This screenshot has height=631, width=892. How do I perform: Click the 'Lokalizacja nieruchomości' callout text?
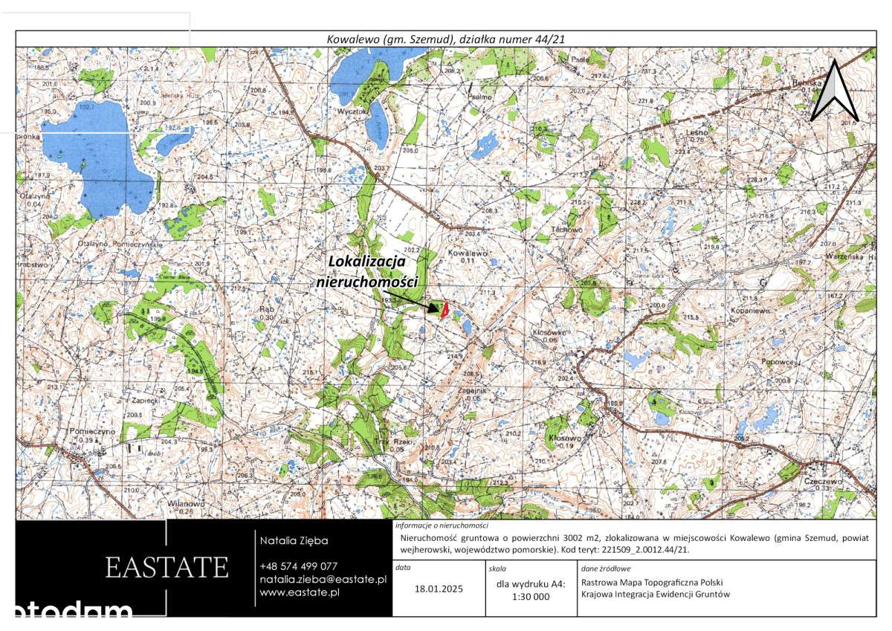367,272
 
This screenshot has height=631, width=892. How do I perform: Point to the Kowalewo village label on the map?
468,253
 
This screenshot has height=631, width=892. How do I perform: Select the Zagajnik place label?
471,391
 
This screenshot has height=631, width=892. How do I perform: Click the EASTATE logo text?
167,567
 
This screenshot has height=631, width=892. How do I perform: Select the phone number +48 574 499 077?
298,566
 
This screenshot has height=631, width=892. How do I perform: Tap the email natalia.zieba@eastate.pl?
323,579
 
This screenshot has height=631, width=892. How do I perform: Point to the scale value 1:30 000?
531,596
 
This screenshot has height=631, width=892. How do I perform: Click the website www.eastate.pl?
300,592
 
